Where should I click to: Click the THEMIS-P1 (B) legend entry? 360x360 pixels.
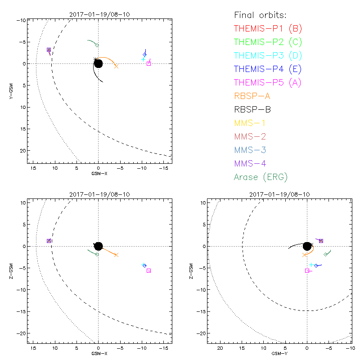point(268,29)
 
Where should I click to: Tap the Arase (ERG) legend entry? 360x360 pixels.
point(261,177)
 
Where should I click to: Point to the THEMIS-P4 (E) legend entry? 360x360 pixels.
point(268,69)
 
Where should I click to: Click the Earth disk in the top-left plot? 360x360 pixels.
point(98,64)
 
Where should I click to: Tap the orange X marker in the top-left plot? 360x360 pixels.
point(116,66)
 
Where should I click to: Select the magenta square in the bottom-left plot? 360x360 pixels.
point(148,270)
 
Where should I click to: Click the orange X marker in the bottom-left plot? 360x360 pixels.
point(116,255)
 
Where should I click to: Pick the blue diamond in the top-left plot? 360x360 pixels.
point(144,54)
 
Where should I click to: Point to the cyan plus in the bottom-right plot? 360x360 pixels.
point(311,265)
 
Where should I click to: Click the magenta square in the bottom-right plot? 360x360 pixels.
point(307,270)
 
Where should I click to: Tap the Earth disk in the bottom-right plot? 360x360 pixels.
point(307,246)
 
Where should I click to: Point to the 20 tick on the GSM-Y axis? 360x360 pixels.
point(220,348)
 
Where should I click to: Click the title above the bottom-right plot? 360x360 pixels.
point(279,194)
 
